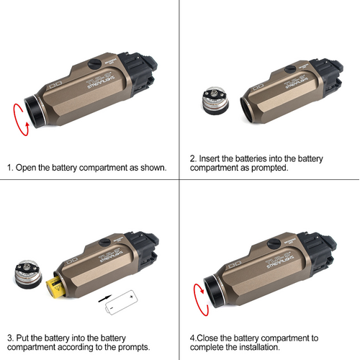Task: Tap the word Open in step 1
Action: (29, 168)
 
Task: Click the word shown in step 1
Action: (152, 168)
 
